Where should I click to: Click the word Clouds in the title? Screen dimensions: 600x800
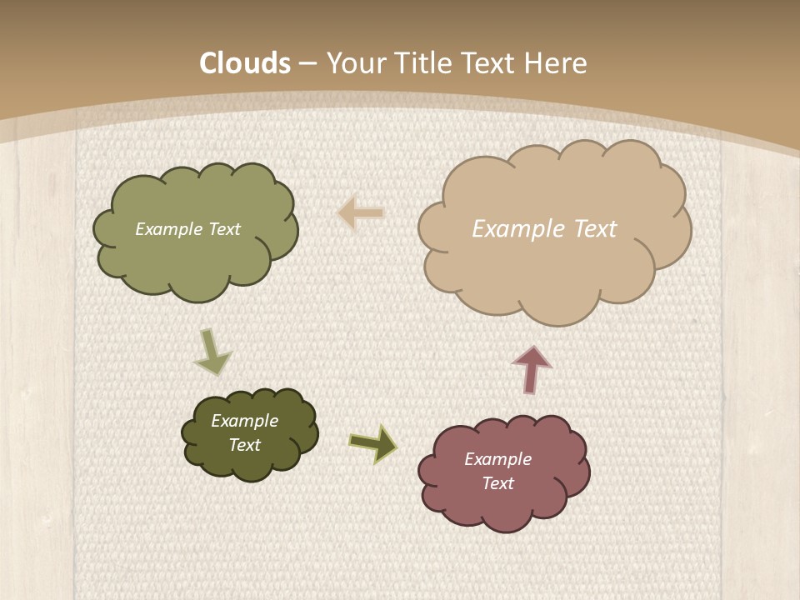click(245, 63)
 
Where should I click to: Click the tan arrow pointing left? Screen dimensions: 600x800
click(361, 213)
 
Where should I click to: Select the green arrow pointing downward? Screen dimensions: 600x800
click(212, 352)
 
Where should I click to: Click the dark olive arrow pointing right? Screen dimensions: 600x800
click(373, 443)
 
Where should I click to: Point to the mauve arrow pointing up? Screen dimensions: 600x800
click(531, 368)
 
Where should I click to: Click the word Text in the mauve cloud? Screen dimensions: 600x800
click(497, 483)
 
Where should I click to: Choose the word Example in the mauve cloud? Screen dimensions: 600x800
click(497, 459)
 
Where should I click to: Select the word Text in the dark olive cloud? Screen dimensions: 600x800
click(244, 445)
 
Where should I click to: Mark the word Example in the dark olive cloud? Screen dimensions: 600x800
click(244, 421)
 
